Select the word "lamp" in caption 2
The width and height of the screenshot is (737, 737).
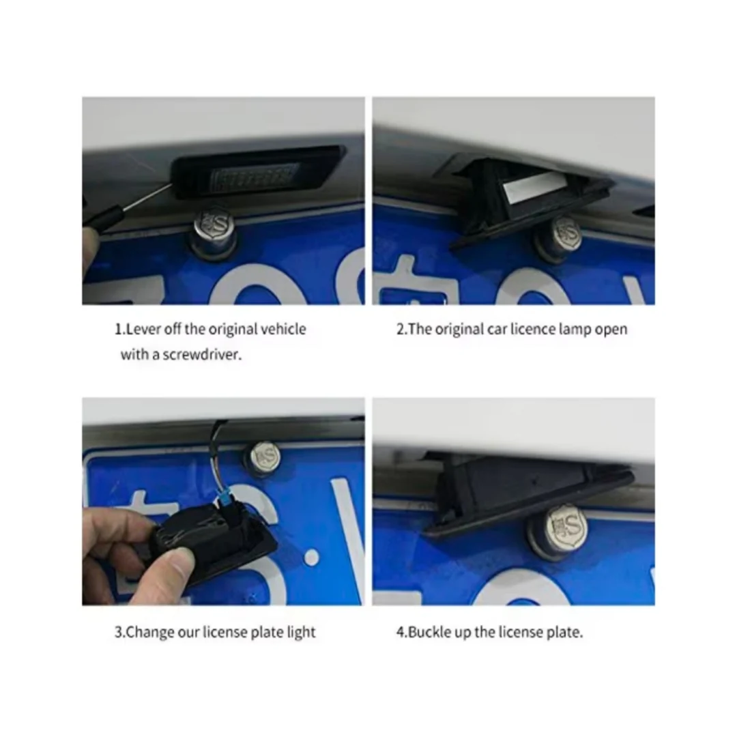[575, 329]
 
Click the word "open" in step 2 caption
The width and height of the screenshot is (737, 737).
[611, 330]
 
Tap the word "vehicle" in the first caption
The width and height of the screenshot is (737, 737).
[283, 329]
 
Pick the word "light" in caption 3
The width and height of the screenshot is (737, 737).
[302, 633]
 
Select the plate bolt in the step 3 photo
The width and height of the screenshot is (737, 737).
[265, 457]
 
